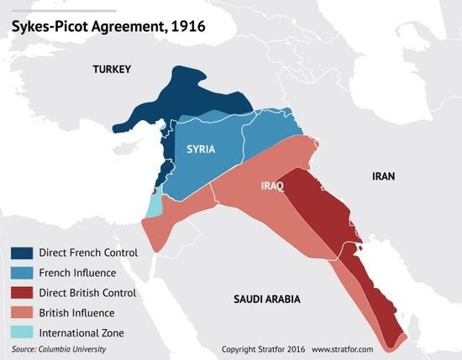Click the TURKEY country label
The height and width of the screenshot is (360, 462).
coord(112,69)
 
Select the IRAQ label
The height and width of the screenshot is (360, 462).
coord(273,185)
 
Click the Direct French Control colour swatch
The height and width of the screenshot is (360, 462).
coord(22,253)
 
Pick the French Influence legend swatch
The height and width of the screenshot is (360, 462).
coord(22,273)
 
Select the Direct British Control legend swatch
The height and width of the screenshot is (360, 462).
coord(22,293)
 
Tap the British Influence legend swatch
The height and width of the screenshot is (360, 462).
coord(22,313)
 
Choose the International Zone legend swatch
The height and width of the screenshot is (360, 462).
coord(22,333)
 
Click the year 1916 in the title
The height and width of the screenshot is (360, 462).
coord(185,26)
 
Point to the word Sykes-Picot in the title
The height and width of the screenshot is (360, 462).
coord(46,26)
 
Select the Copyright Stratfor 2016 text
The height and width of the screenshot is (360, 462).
coord(262,348)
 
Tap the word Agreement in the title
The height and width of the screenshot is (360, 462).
coord(123,26)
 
